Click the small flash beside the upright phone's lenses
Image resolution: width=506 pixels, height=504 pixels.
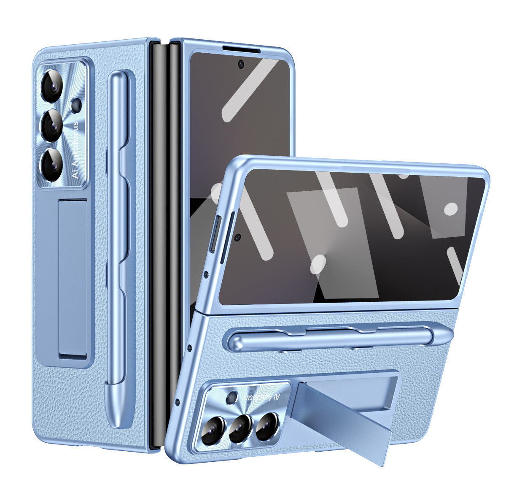point(76,104)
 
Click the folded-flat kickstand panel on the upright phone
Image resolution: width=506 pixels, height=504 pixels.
point(73,279)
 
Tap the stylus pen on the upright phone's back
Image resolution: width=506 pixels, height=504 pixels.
point(118,249)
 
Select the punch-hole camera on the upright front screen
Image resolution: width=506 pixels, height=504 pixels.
point(241,64)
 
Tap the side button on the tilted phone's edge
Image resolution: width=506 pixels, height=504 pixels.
point(213,234)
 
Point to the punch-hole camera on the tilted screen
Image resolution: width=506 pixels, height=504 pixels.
point(238,237)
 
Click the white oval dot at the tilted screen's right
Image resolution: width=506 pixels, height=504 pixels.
point(451,209)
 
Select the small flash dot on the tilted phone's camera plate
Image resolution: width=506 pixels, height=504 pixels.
point(231,397)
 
